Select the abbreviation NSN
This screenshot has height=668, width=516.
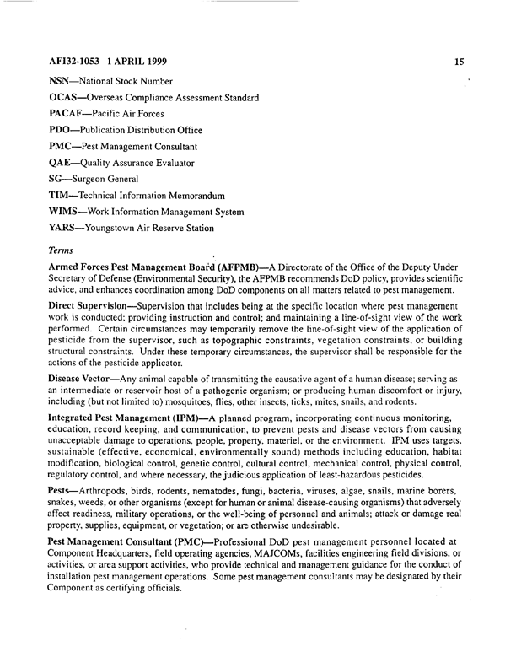[x=63, y=82]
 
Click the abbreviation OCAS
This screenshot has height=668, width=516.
[x=67, y=98]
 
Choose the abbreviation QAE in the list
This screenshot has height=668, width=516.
[x=63, y=162]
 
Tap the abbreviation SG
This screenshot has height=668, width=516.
[x=58, y=179]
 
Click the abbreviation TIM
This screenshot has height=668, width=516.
[x=62, y=195]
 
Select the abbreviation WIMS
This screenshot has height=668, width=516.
[x=67, y=211]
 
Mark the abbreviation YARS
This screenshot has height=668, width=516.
[x=66, y=228]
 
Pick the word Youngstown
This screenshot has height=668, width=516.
[x=117, y=228]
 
